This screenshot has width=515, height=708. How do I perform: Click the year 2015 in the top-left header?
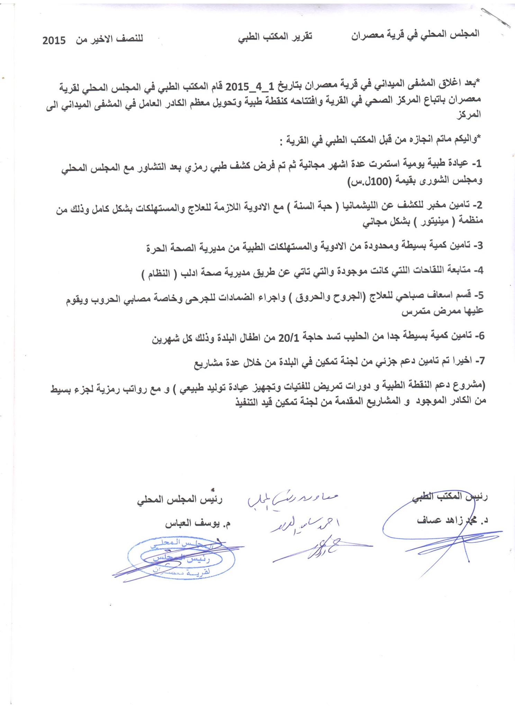point(54,40)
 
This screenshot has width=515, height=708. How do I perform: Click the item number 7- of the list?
point(479,361)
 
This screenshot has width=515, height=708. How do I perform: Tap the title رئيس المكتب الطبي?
point(450,497)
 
